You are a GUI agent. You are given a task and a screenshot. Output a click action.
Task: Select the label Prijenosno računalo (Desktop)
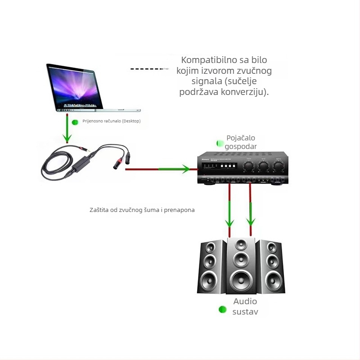(x=111, y=121)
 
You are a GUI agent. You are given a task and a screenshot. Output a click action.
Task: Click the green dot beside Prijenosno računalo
(x=75, y=122)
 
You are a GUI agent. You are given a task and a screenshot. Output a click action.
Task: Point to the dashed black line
(x=149, y=69)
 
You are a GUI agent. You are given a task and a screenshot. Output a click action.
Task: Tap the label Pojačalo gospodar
(x=241, y=142)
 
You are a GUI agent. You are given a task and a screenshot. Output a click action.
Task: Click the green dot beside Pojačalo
(x=220, y=143)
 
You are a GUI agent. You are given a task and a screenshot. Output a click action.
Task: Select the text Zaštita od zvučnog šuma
(x=126, y=210)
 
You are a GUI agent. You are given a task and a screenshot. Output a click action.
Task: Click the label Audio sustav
(x=245, y=306)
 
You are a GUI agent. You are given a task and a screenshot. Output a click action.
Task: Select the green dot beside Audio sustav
(x=222, y=309)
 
